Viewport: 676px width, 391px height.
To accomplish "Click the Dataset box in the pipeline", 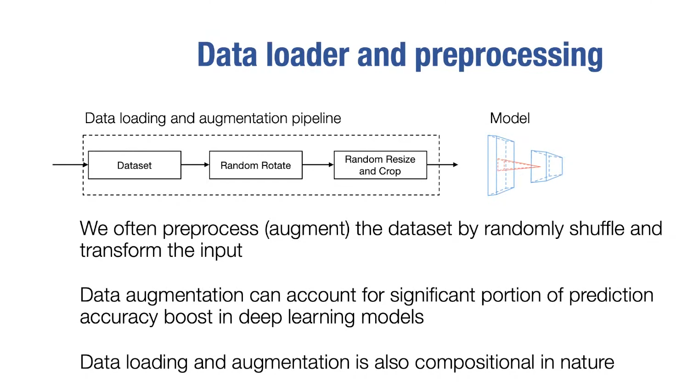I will click(x=134, y=165).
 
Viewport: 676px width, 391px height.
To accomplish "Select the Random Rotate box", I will click(x=255, y=165).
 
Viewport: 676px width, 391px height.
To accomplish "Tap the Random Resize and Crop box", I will click(x=380, y=165).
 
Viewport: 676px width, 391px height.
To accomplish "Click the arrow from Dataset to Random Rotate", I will click(x=195, y=164).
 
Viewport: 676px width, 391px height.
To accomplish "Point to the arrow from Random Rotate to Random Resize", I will click(x=318, y=164).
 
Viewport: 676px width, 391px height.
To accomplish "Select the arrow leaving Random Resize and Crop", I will click(x=443, y=164).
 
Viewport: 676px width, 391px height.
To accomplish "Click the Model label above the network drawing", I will click(x=510, y=119).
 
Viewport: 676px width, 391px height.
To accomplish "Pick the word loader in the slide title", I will click(x=308, y=55).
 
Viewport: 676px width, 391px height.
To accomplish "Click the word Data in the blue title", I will click(x=227, y=55).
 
